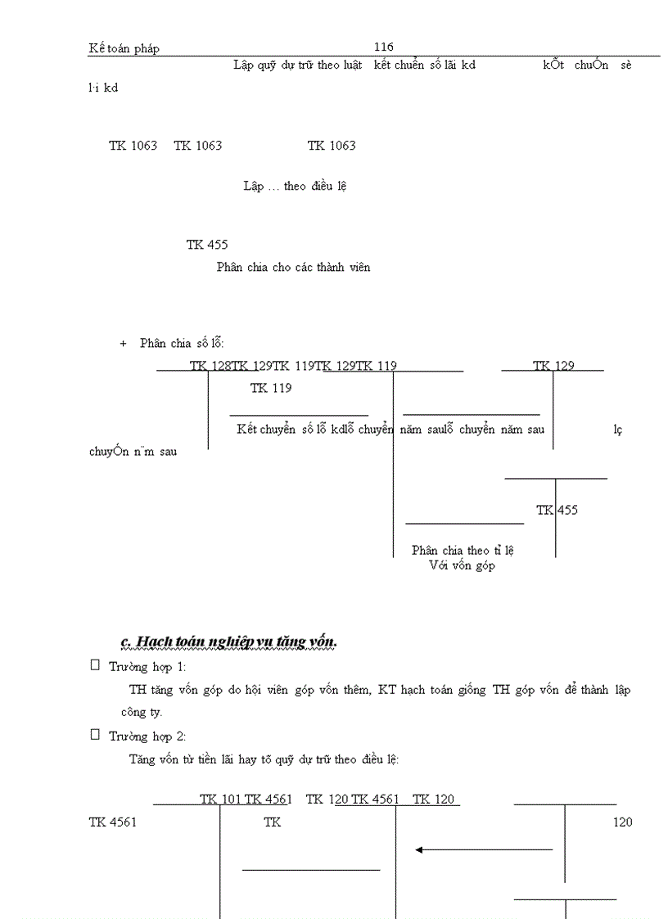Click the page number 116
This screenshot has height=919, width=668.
point(383,47)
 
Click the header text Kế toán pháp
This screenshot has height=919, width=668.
point(124,48)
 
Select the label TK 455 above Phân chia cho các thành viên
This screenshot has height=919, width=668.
point(206,245)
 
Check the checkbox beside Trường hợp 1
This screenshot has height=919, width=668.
point(95,666)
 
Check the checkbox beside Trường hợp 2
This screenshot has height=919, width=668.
point(95,735)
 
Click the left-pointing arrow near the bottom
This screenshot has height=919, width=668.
point(483,849)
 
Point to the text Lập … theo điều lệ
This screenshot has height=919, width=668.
point(295,187)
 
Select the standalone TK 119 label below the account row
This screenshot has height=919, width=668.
point(271,388)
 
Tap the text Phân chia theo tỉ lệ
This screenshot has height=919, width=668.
point(463,550)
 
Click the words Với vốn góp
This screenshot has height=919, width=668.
point(462,565)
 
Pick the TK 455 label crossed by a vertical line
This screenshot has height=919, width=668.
point(557,510)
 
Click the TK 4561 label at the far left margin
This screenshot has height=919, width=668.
point(112,822)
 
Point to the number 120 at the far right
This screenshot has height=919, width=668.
point(622,822)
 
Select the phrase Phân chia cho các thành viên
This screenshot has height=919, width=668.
point(293,267)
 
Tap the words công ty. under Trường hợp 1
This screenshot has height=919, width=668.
point(146,712)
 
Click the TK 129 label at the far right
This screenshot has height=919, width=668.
point(553,366)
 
